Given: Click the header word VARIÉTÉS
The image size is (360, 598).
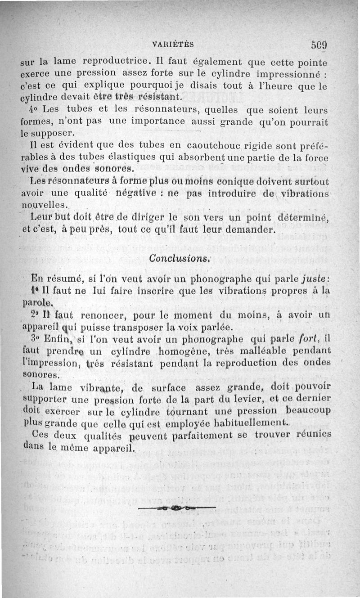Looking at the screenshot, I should tap(173, 44).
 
